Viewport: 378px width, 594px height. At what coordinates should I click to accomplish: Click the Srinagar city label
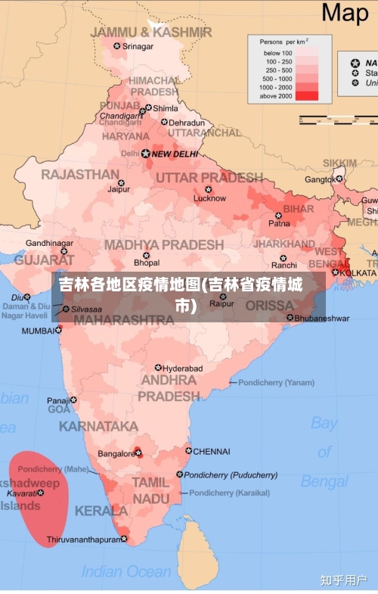[x=138, y=46]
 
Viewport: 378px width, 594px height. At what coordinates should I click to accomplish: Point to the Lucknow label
[x=209, y=198]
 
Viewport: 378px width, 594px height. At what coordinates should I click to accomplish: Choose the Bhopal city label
[x=147, y=263]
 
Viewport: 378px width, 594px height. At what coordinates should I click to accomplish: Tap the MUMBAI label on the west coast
[x=38, y=331]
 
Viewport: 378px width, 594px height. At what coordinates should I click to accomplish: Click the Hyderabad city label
[x=182, y=369]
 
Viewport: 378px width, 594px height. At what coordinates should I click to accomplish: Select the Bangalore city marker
[x=138, y=453]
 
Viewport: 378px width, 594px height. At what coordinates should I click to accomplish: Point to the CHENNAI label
[x=211, y=452]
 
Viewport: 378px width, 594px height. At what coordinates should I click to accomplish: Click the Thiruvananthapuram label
[x=83, y=540]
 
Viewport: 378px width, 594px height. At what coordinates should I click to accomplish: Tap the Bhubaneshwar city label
[x=322, y=318]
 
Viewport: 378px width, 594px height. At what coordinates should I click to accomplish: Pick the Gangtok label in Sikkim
[x=319, y=179]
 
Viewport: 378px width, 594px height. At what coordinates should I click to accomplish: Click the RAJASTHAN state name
[x=80, y=174]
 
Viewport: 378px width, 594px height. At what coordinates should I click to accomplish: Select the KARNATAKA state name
[x=98, y=426]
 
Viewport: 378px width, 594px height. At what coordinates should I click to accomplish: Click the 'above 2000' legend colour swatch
[x=307, y=95]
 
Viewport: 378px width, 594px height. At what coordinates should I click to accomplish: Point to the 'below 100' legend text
[x=277, y=54]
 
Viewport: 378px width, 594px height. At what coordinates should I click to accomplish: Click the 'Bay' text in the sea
[x=324, y=423]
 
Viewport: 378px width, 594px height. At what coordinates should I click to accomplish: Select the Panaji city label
[x=57, y=400]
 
